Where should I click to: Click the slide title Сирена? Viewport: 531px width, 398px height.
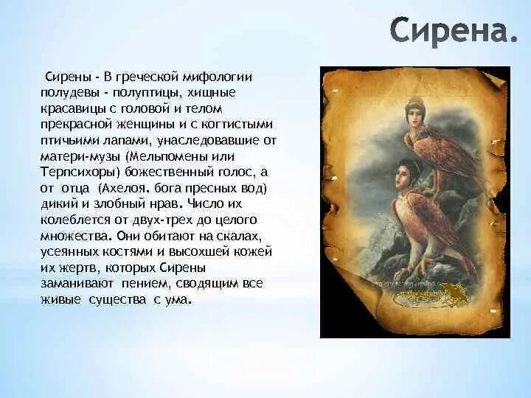click(x=454, y=30)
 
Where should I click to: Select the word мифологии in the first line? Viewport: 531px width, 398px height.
click(x=218, y=77)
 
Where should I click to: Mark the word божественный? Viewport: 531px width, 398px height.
click(x=168, y=172)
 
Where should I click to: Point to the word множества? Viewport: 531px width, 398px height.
click(x=76, y=237)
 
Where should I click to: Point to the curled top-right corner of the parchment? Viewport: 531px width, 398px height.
click(x=497, y=79)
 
